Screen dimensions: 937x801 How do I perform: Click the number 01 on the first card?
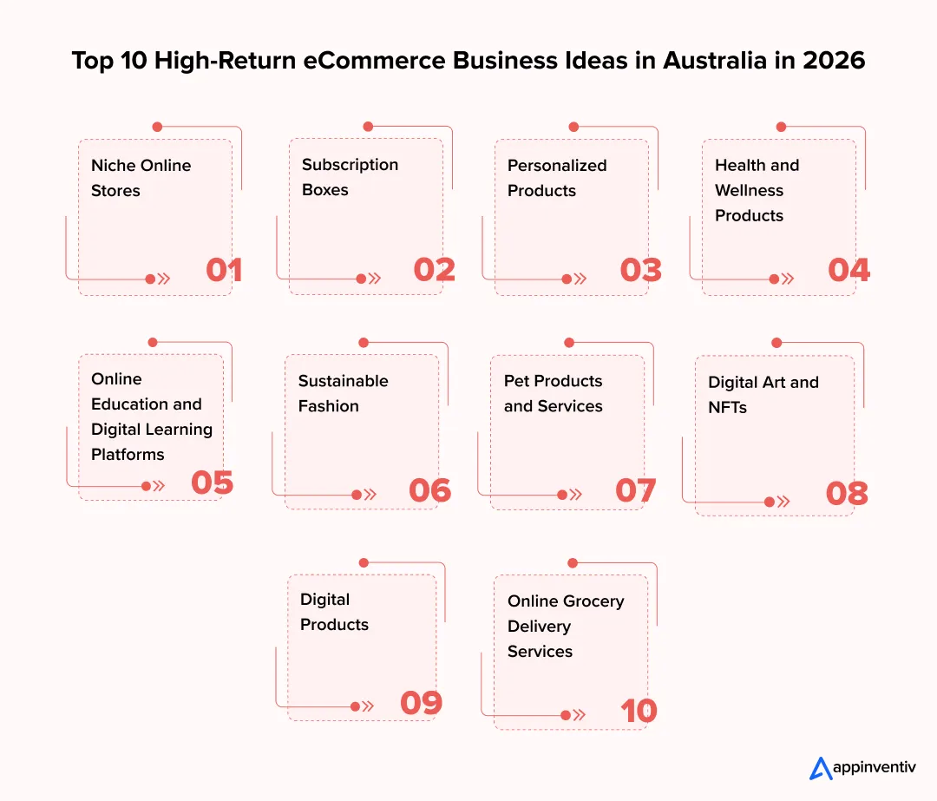(x=224, y=270)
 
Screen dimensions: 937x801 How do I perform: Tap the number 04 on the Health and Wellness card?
(x=849, y=270)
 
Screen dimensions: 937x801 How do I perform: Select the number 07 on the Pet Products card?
(x=636, y=491)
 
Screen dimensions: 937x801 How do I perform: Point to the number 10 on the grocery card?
(x=639, y=711)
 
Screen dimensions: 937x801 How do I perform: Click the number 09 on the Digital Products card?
(x=422, y=703)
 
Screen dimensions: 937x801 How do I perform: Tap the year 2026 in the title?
(x=834, y=61)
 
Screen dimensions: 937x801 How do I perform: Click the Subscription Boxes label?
(x=351, y=177)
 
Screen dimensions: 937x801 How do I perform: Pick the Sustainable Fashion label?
(x=343, y=393)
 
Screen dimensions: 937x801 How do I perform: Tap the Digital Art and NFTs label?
(x=763, y=395)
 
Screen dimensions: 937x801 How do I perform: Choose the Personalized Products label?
(x=557, y=178)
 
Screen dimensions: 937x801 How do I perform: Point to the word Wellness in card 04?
(x=749, y=190)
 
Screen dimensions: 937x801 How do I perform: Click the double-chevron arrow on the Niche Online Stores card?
(x=164, y=279)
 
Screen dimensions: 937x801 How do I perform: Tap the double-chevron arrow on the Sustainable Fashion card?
(x=370, y=495)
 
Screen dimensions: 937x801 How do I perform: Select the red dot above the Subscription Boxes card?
(x=368, y=127)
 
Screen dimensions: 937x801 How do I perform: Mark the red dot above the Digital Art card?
(x=776, y=343)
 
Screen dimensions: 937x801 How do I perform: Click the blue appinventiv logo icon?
(x=821, y=769)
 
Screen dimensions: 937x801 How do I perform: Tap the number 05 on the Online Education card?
(x=213, y=483)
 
